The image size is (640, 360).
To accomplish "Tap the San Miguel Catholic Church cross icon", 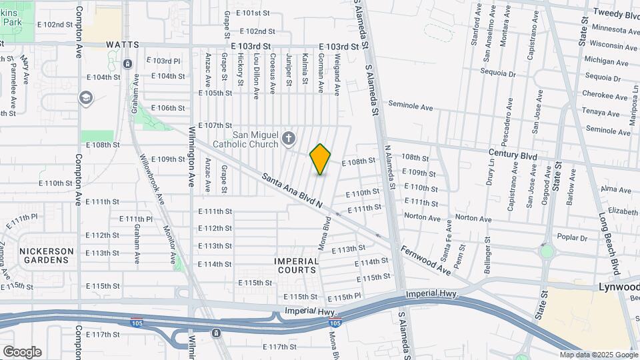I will click(288, 139).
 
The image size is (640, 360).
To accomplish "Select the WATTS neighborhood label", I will click(123, 45).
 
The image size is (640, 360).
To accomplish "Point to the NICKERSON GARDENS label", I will click(46, 255).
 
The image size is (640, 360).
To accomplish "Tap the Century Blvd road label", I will click(512, 155).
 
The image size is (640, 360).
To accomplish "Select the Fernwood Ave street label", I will click(425, 259).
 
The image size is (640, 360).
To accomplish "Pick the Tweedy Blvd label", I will click(616, 15).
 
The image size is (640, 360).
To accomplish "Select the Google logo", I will click(21, 351).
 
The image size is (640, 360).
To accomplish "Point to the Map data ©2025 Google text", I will click(598, 355).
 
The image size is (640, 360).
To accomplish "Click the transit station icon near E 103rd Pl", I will click(127, 64).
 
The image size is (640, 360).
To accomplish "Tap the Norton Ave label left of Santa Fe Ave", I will click(422, 217).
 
